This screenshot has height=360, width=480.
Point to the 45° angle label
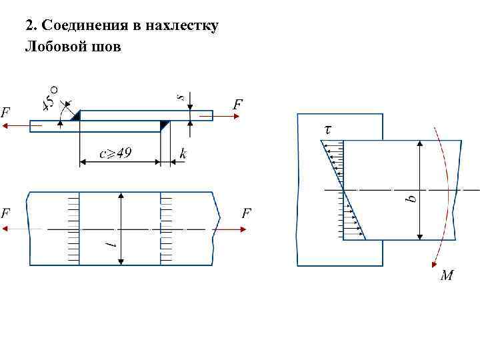[x=51, y=97]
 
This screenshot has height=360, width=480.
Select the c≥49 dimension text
[x=115, y=154]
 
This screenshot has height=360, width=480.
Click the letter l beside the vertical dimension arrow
[x=113, y=246]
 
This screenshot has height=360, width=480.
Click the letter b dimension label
[x=411, y=197]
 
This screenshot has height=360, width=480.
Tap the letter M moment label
[x=447, y=275]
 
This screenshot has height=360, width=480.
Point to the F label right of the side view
[x=237, y=104]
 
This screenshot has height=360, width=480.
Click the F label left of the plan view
[x=5, y=214]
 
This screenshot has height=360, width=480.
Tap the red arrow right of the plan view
[x=233, y=229]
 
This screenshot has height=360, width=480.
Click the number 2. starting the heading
[x=30, y=27]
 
